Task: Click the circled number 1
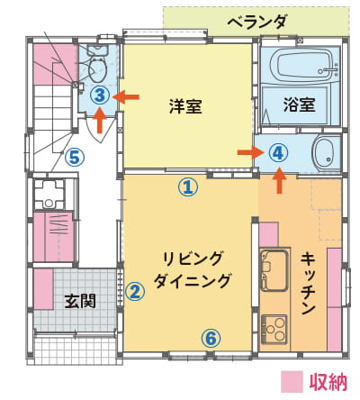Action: tap(188, 186)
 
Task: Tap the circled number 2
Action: tap(135, 291)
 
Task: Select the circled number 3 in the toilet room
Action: tap(101, 95)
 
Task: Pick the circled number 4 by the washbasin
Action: tap(278, 153)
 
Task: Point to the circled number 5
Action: tap(75, 158)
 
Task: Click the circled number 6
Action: tap(211, 339)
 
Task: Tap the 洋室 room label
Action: tap(185, 106)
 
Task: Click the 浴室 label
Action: tap(299, 105)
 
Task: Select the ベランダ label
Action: tap(256, 22)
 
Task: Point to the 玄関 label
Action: tap(80, 301)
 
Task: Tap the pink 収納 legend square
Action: tap(292, 382)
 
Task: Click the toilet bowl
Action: tap(98, 68)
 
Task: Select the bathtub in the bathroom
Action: tap(305, 66)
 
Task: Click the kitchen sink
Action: tap(274, 271)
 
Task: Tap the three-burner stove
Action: tap(274, 330)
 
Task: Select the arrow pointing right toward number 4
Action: tap(250, 152)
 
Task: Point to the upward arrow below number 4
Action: tap(280, 180)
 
